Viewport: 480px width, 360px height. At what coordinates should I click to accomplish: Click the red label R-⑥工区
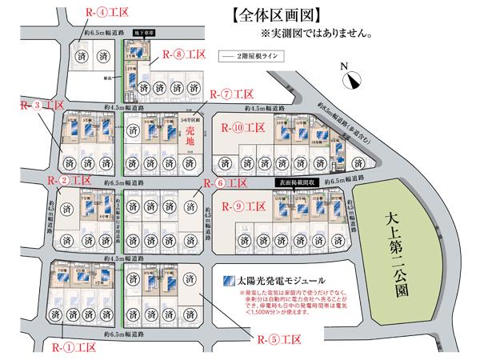pos(233,183)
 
